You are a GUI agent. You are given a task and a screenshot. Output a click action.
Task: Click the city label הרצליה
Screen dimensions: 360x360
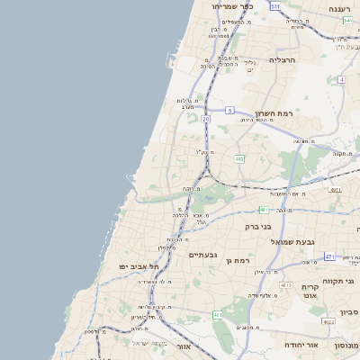pos(283,60)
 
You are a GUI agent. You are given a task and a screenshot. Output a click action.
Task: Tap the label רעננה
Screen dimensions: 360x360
pos(342,9)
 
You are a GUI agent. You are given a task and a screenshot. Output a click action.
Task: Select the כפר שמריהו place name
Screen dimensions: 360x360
pos(233,6)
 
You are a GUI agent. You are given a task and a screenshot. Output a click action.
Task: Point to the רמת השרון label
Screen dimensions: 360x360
pos(274,114)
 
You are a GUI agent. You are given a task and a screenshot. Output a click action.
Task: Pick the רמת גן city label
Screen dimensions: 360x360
pos(234,260)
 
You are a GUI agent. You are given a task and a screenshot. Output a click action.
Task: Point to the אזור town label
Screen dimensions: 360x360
pos(184,346)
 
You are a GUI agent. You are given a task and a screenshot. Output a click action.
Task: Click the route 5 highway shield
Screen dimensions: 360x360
pos(229,110)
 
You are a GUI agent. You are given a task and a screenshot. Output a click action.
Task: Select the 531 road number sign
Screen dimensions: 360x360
pos(275,6)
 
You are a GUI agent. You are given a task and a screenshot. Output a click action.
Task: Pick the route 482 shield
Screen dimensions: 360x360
pos(239,158)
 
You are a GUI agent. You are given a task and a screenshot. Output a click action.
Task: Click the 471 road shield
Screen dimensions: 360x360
pos(329,256)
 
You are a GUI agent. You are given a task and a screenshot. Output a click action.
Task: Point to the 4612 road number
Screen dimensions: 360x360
pos(286,285)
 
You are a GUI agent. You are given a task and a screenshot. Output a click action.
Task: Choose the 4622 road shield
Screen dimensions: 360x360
pos(328,321)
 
